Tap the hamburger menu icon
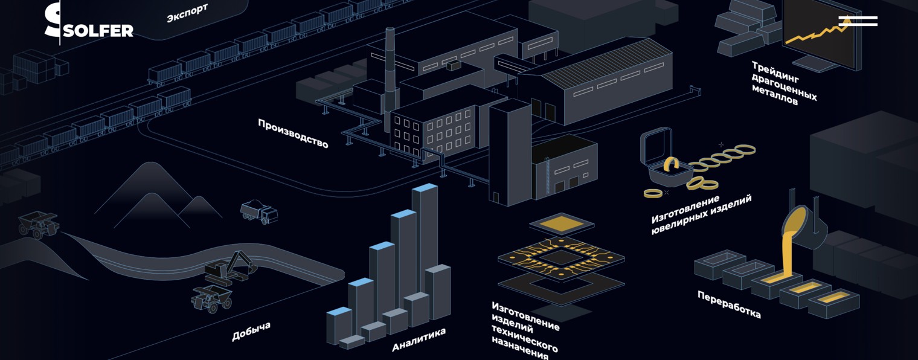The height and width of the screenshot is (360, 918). (858, 21)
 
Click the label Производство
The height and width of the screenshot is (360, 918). (293, 133)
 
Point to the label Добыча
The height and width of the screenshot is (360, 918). (251, 331)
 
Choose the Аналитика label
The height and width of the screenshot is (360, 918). (419, 339)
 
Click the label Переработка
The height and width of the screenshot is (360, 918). (728, 304)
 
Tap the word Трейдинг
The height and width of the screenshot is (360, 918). (775, 72)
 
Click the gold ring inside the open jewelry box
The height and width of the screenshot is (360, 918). (672, 164)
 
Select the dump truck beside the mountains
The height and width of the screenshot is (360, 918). (259, 211)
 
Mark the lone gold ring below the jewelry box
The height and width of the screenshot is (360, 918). (653, 193)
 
